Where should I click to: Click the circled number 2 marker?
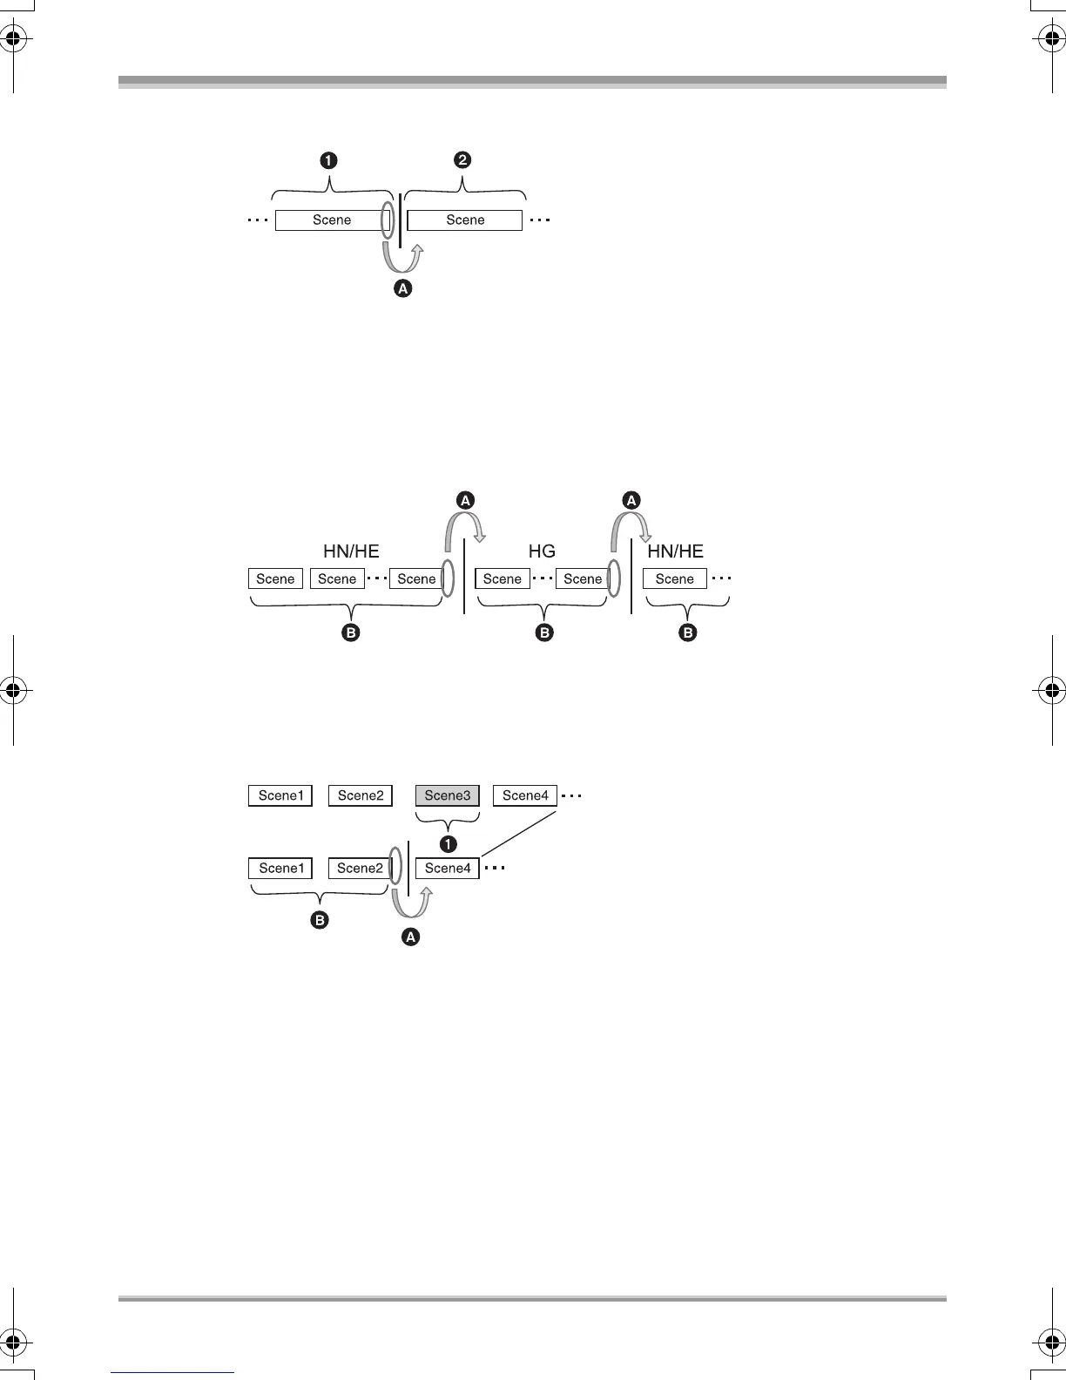pos(462,159)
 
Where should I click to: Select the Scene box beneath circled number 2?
pos(465,220)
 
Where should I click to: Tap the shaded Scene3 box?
pos(448,795)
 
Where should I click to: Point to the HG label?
pos(542,551)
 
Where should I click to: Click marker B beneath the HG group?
pos(544,632)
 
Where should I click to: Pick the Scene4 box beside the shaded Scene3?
pos(525,795)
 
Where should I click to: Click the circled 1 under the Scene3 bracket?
pos(449,843)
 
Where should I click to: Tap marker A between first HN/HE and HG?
pos(465,500)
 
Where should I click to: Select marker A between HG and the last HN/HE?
pos(631,500)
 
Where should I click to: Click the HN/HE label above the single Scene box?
pos(675,551)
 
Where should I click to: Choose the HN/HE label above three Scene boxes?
pos(351,551)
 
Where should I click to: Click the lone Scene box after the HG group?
pos(675,578)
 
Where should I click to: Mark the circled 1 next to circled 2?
pos(328,160)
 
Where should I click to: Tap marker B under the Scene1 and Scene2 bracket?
pos(320,920)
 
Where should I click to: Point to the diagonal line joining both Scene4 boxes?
pos(519,834)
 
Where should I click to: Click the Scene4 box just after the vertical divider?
pos(448,869)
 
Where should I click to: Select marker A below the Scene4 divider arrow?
pos(410,937)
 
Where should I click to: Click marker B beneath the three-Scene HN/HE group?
pos(350,632)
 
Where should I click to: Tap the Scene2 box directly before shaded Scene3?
pos(361,795)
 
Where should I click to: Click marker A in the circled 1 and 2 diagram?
pos(402,288)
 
